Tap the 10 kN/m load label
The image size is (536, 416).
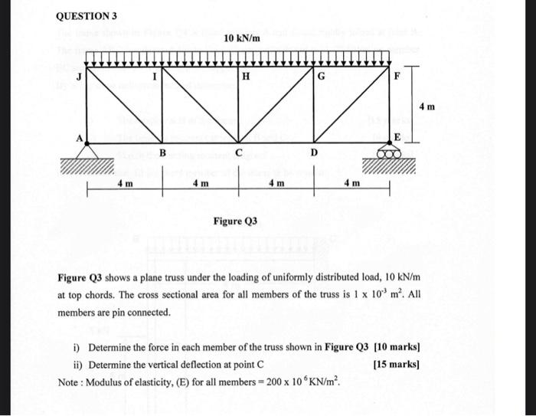[x=242, y=38]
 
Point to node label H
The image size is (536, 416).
[x=245, y=77]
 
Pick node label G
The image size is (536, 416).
[x=321, y=76]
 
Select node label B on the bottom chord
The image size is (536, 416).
[x=162, y=153]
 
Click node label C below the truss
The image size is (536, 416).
[x=239, y=153]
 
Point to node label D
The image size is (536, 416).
[x=314, y=153]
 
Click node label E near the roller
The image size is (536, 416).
[x=397, y=136]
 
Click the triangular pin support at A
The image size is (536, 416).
[x=86, y=151]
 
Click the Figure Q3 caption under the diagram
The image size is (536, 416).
[x=235, y=221]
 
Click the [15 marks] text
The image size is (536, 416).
[x=397, y=364]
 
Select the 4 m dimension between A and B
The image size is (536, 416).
[x=125, y=184]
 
